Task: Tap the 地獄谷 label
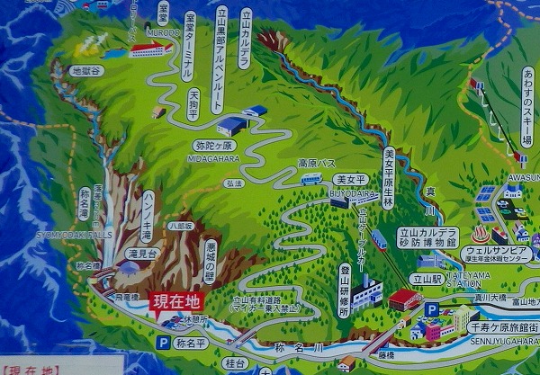[87, 69]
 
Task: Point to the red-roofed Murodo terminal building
[151, 49]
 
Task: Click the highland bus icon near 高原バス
[311, 179]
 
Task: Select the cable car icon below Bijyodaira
[379, 239]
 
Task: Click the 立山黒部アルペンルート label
[220, 59]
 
